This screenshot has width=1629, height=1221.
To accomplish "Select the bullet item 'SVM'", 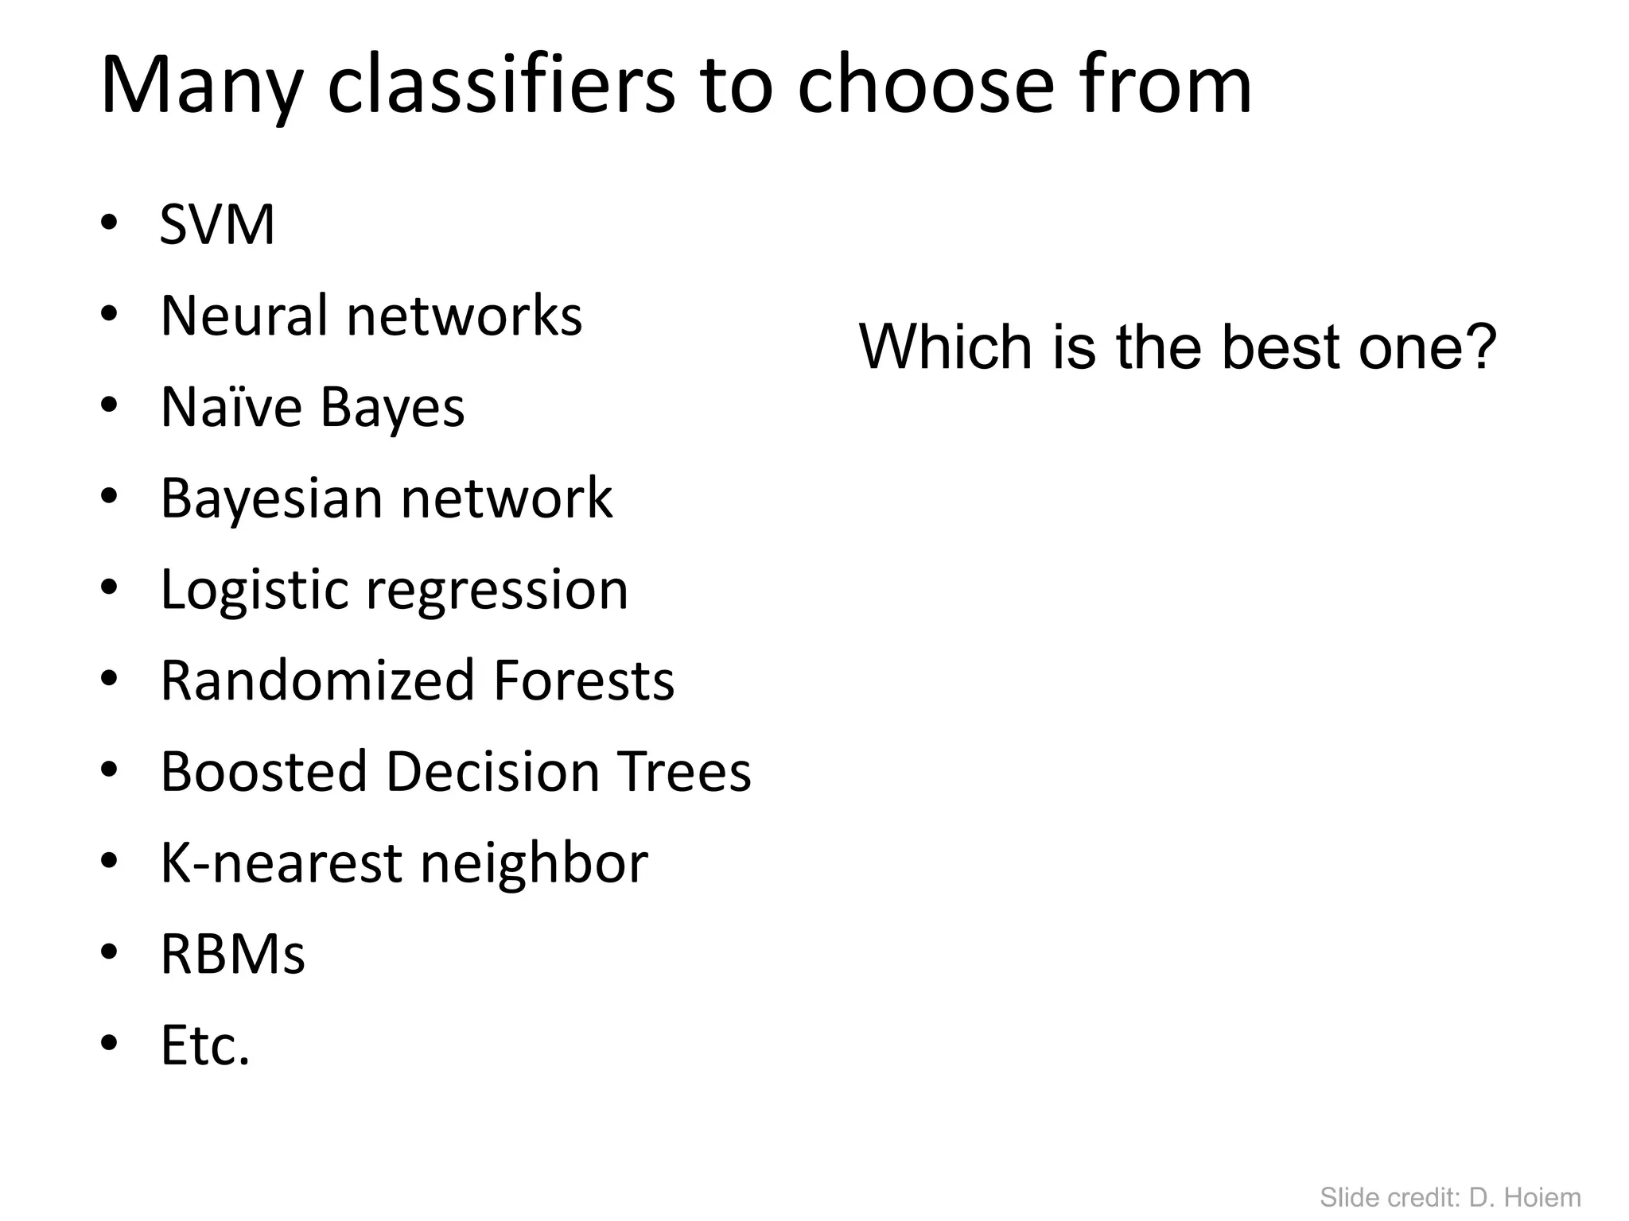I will click(217, 224).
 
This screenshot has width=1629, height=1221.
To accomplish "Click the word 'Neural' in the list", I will click(244, 316).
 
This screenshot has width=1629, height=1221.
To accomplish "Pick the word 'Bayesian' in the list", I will click(271, 498).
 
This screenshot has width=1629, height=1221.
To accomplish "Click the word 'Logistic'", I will click(254, 590).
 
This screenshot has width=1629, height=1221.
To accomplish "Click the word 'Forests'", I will click(584, 680).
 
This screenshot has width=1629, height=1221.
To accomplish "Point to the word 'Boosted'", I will click(263, 771).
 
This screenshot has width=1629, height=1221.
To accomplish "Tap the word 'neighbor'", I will click(534, 862).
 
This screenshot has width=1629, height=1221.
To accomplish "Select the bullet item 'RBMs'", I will click(232, 954).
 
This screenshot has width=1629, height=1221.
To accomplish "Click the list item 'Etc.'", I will click(205, 1045).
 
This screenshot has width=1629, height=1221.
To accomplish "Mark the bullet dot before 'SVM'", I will click(109, 224).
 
